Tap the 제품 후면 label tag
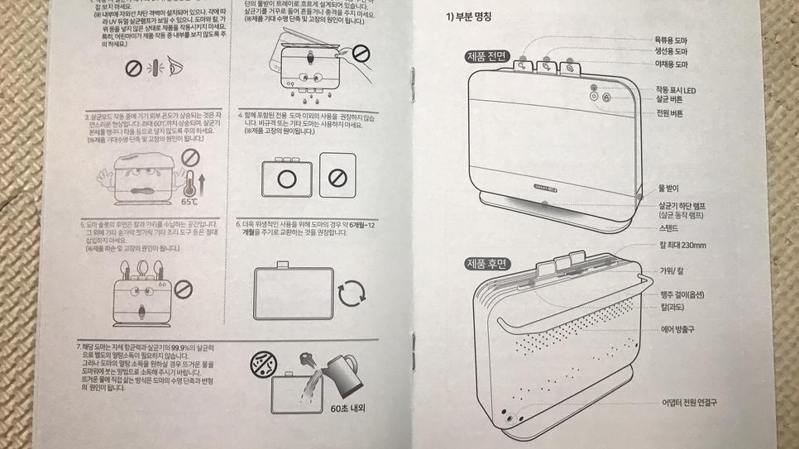(x=488, y=264)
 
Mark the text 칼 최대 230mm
(x=683, y=246)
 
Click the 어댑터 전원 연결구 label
(x=689, y=403)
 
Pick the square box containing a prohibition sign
(x=337, y=174)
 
